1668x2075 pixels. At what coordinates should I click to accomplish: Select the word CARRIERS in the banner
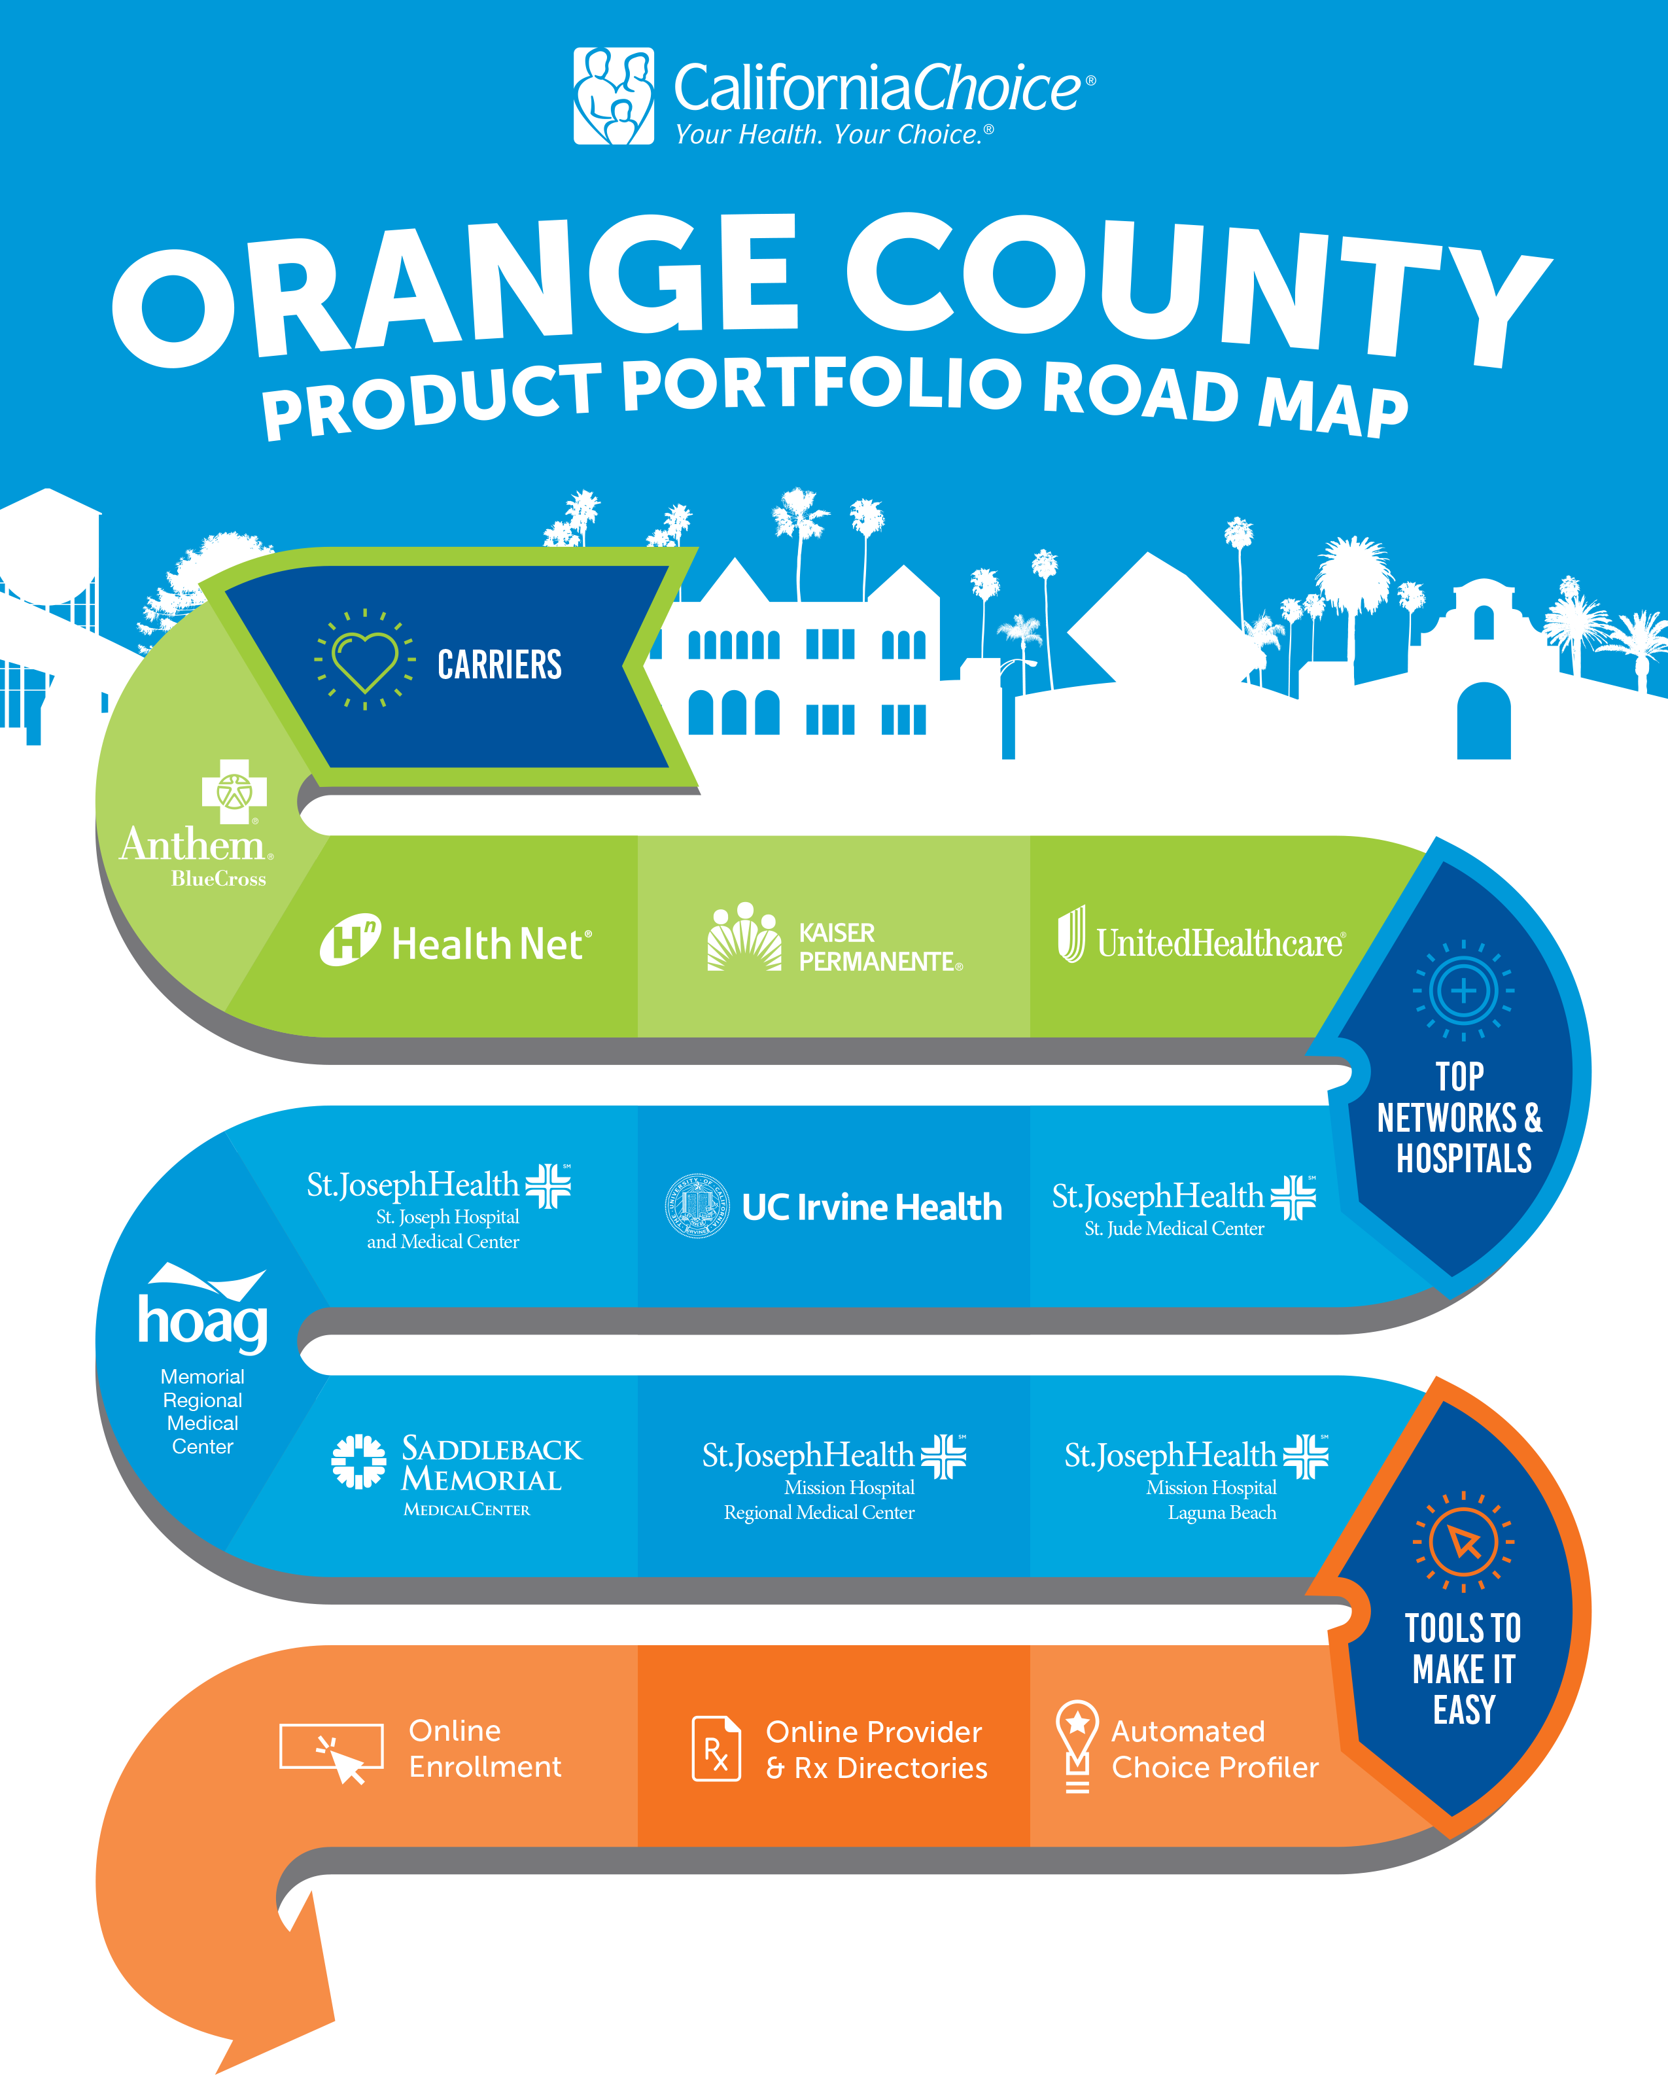pos(500,664)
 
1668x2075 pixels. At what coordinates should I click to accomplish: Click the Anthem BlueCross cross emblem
pos(234,791)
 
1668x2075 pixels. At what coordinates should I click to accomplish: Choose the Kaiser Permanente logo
pos(835,937)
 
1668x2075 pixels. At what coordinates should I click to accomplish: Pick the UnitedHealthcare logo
pos(1201,935)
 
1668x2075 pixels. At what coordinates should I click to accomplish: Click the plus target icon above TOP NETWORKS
pos(1463,990)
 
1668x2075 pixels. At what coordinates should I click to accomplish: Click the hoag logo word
pos(202,1321)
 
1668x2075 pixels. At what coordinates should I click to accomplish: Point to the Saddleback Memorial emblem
pos(358,1461)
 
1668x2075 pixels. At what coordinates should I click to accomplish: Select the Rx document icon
pos(717,1749)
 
